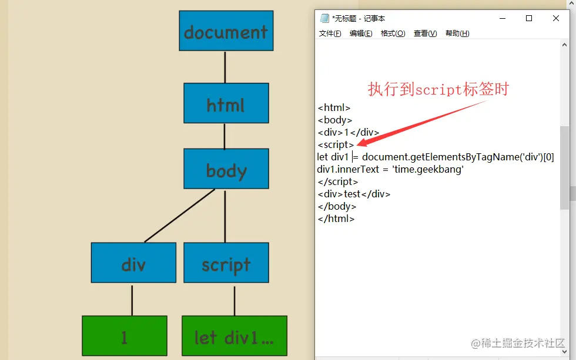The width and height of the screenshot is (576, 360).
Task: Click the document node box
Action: coord(226,31)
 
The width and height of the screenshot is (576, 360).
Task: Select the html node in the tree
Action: coord(226,103)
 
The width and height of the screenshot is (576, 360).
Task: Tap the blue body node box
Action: coord(226,169)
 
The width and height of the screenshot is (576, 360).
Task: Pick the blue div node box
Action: coord(133,263)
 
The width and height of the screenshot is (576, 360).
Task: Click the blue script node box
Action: coord(226,263)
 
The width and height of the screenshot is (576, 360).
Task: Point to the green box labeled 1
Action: coord(124,336)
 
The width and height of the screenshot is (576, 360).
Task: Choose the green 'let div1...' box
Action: coord(234,336)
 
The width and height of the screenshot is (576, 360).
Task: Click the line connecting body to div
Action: coord(179,216)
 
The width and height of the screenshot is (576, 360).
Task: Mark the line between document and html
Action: coord(225,66)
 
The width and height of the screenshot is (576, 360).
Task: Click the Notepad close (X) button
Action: coord(556,18)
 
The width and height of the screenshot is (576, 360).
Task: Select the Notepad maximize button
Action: coord(528,18)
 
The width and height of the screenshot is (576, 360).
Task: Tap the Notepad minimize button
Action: coord(501,18)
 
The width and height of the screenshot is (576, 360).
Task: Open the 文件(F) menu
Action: coord(330,33)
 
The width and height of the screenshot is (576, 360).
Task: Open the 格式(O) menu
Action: coord(393,33)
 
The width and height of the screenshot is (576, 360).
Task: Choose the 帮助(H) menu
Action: coord(457,33)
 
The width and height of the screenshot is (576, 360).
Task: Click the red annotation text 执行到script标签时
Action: coord(438,89)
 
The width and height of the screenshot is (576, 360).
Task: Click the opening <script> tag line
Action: coord(336,144)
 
